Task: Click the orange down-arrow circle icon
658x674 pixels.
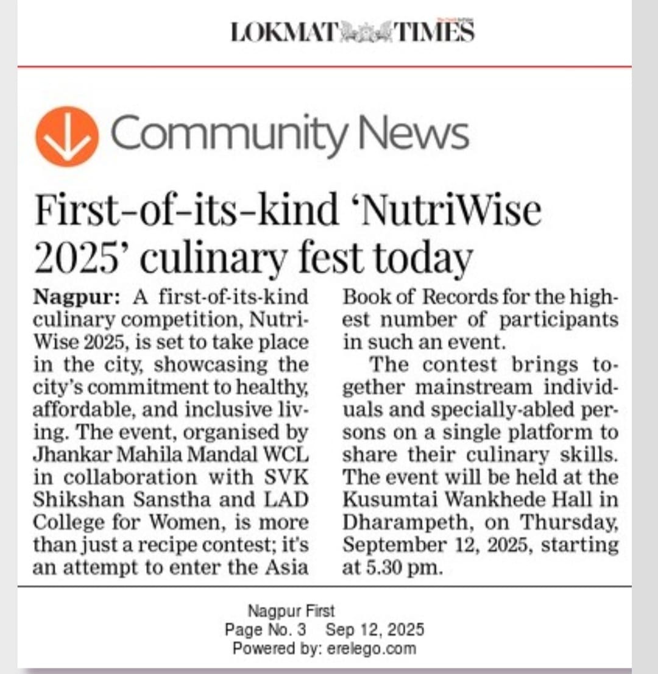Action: pos(67,137)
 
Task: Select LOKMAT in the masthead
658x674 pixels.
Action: pos(284,32)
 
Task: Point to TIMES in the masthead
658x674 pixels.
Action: pos(434,32)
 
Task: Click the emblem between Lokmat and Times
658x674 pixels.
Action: pos(364,32)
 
